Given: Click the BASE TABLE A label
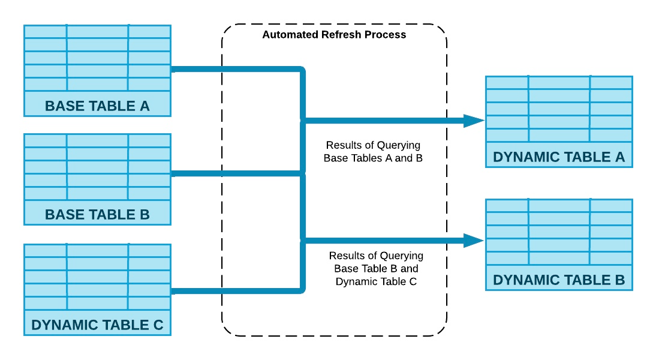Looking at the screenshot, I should (97, 106).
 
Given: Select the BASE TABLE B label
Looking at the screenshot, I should (97, 214).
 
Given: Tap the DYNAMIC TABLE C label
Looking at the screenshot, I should (97, 325).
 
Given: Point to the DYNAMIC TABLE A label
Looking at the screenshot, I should (559, 157).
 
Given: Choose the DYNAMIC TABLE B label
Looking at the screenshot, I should (559, 280).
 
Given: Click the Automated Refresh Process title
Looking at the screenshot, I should (334, 35).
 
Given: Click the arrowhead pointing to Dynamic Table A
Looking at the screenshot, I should (473, 121).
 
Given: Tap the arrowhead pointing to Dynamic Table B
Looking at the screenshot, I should (473, 241).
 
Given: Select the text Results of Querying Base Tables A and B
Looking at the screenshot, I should (373, 152).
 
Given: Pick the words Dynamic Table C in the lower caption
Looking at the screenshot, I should (376, 281).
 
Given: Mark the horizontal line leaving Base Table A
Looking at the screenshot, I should (234, 70).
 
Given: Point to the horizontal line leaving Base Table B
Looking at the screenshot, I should (234, 174).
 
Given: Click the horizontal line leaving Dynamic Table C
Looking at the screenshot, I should (234, 291).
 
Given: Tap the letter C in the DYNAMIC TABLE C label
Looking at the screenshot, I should (158, 325).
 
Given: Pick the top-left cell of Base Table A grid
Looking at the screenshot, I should (45, 31).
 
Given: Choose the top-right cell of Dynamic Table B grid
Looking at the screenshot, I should (610, 205).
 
